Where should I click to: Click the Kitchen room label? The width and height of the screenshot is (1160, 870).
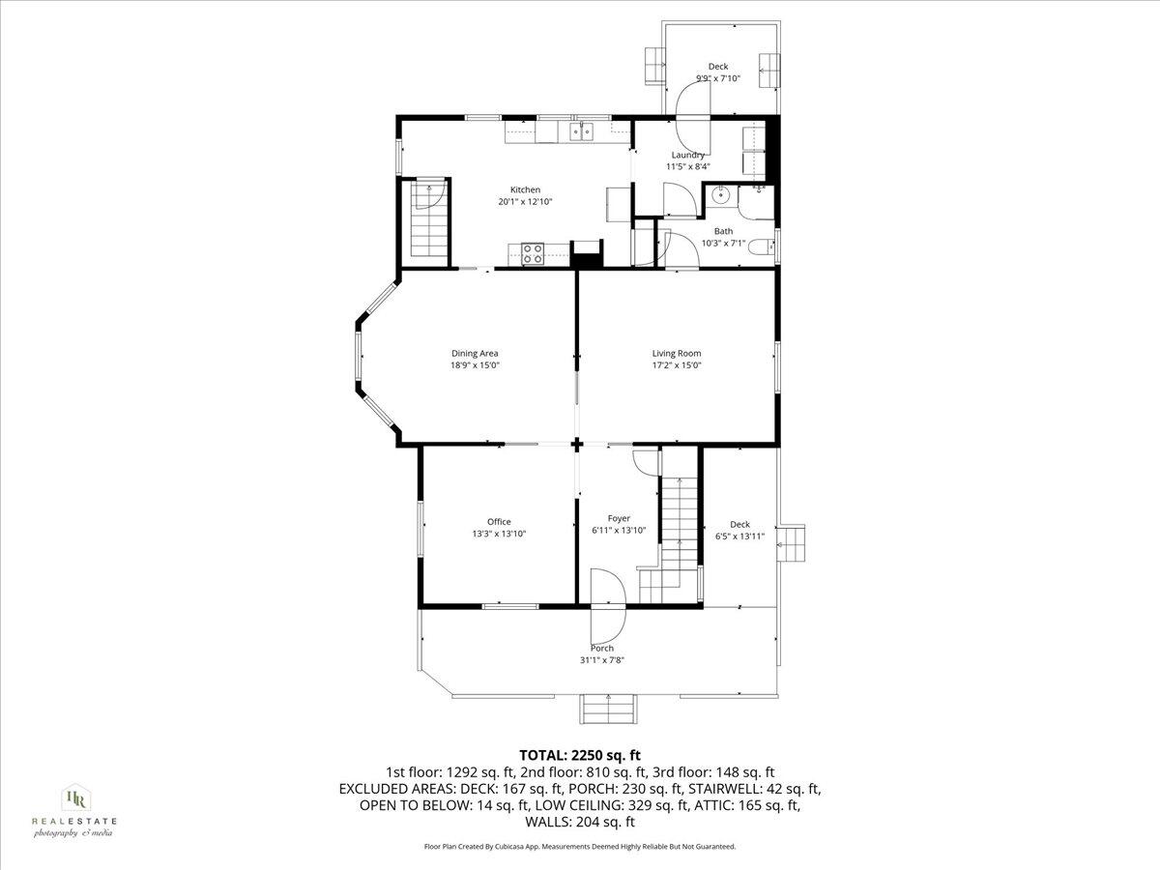[525, 189]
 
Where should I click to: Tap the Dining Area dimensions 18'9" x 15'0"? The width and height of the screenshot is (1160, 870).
[474, 365]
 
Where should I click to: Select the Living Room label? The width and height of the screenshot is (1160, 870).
[676, 353]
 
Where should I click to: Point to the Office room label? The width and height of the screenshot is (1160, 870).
[499, 521]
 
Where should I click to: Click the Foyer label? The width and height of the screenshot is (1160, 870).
[619, 518]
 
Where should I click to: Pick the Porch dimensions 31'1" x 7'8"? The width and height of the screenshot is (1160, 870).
[602, 660]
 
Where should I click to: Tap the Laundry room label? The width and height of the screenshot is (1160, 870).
[687, 155]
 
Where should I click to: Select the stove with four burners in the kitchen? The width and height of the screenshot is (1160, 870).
[533, 253]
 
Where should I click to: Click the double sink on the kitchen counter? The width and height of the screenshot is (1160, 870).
[581, 131]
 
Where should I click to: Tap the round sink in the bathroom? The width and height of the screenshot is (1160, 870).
[720, 196]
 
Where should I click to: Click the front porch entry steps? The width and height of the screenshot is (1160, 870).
[608, 709]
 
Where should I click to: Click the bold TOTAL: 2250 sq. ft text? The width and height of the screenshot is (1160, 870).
[580, 755]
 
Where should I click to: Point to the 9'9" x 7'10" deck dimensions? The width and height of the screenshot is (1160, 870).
[718, 79]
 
